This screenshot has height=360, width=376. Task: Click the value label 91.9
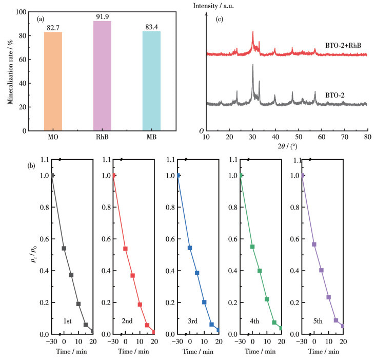pos(103,17)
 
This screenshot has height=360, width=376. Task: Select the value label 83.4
pos(151,27)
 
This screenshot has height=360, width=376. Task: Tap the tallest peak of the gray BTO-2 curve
pos(252,65)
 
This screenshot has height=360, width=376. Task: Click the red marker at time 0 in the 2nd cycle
pos(125,249)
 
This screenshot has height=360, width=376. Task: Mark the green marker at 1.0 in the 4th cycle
pos(240,176)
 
